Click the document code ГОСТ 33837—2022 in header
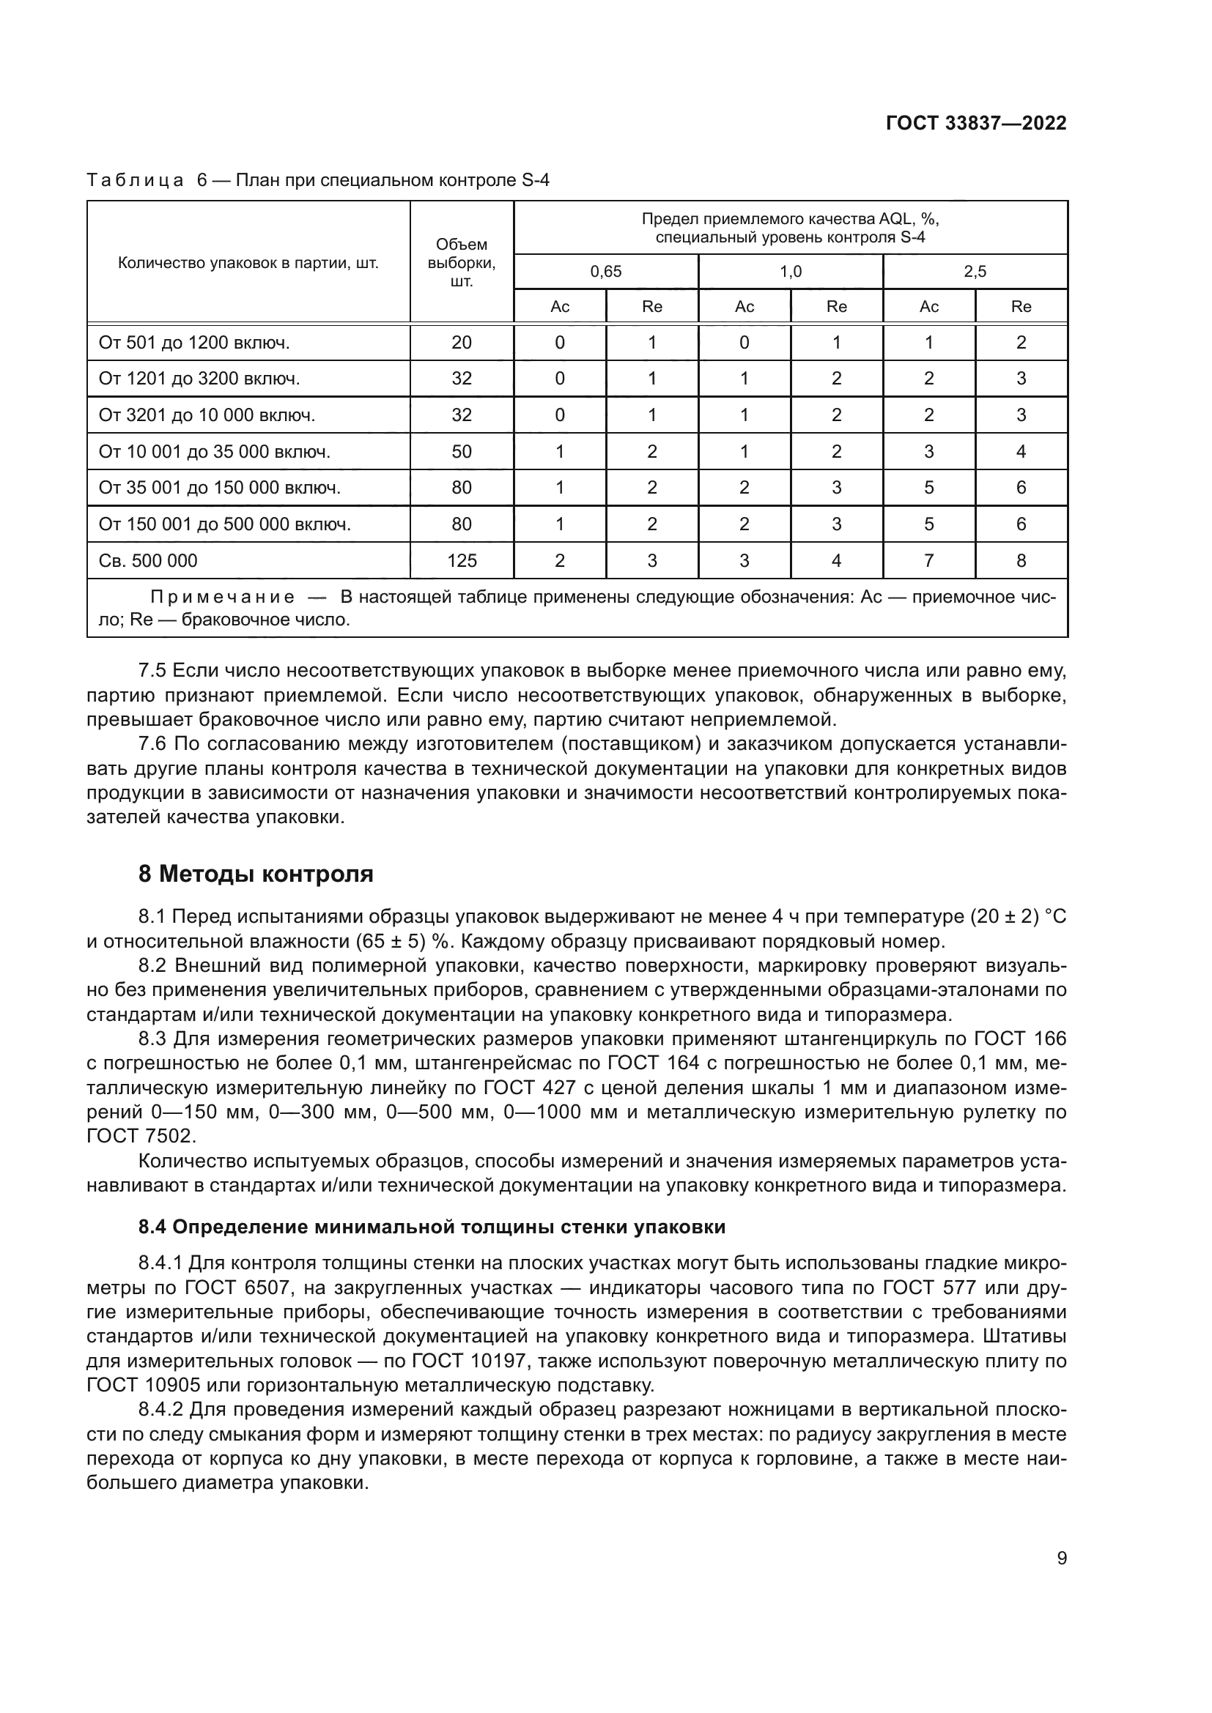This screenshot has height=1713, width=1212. pos(975,123)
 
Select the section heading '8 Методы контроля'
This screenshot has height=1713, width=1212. pos(256,874)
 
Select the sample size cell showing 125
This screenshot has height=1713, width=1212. pos(461,560)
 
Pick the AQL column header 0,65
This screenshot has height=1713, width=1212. pos(605,272)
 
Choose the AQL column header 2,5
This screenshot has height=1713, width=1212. pos(975,272)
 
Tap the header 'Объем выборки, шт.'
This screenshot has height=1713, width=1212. pos(461,263)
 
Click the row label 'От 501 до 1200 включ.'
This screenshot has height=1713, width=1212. pos(194,343)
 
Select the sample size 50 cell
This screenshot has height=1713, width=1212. pos(461,451)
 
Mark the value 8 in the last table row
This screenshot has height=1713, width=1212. pos(1021,560)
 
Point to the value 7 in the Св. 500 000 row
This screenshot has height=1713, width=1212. pos(928,560)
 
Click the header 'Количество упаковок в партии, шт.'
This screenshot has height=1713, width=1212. pos(248,263)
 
